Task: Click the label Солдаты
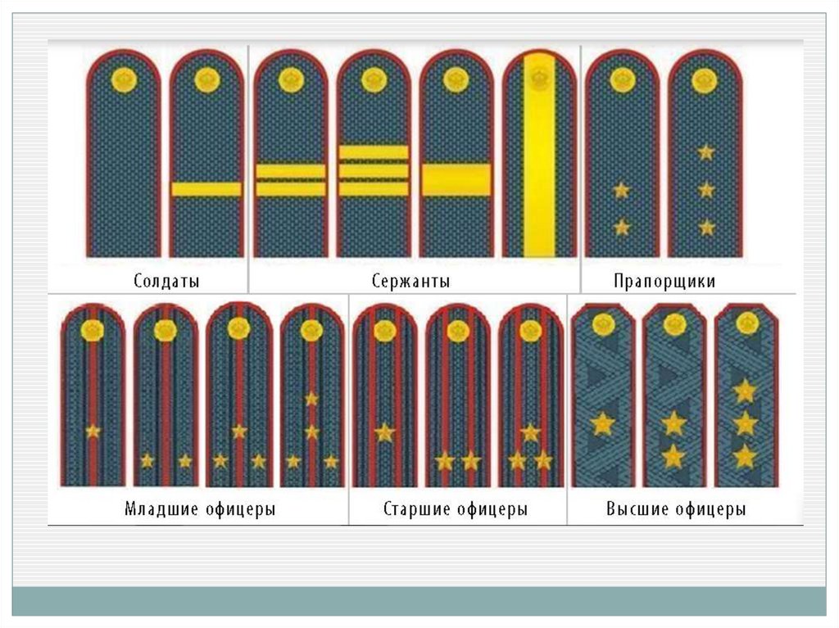166,281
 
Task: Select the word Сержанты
410,281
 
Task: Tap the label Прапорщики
664,281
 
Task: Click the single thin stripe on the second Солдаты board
206,189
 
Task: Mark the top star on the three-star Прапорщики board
705,152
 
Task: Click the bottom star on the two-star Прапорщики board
622,227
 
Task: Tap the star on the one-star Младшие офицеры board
93,431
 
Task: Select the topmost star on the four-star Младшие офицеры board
311,399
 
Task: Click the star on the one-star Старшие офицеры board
384,431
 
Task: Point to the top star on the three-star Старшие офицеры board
530,431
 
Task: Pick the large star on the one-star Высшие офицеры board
602,423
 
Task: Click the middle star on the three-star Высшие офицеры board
745,423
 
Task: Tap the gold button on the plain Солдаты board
124,79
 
